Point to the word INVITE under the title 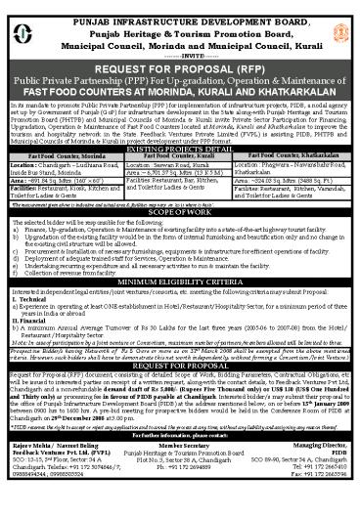[179, 44]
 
